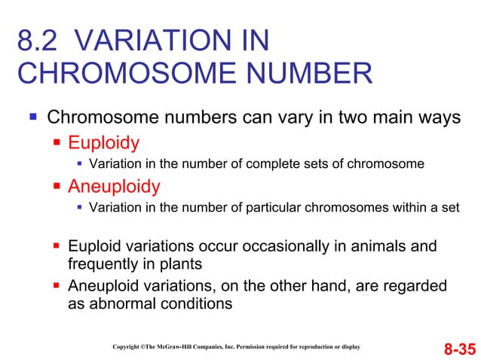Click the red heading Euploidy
(x=103, y=142)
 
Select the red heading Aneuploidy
(x=114, y=186)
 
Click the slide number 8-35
(x=459, y=349)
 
